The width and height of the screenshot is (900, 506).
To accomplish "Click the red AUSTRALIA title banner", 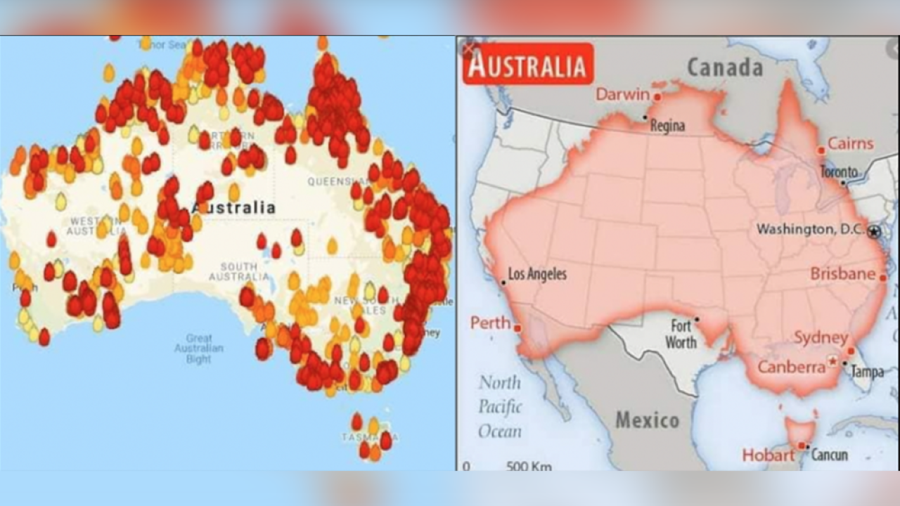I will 527,65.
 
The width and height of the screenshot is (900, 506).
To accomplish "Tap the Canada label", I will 724,67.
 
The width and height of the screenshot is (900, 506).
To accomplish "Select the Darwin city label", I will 623,94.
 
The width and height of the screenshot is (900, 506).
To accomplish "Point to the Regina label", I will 667,126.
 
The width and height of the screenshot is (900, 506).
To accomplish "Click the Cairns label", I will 850,144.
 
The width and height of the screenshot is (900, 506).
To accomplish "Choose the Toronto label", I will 839,171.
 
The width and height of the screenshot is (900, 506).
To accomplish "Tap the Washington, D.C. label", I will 811,229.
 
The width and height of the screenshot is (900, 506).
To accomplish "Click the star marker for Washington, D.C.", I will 874,231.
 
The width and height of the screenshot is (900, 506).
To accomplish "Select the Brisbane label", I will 843,273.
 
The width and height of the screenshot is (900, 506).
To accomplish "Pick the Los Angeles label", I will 537,274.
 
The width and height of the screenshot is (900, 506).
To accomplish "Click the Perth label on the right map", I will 490,323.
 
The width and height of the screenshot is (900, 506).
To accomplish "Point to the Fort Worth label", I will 681,335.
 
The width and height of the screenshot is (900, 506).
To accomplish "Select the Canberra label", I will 791,367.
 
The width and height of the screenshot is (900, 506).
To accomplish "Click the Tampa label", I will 867,372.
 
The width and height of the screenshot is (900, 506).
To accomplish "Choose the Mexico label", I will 648,420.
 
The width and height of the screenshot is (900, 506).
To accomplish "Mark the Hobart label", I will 768,455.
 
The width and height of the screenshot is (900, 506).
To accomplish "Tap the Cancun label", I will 830,455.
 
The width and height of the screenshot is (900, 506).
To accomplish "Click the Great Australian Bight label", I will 199,349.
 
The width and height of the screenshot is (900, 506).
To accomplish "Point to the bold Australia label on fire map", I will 233,207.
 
